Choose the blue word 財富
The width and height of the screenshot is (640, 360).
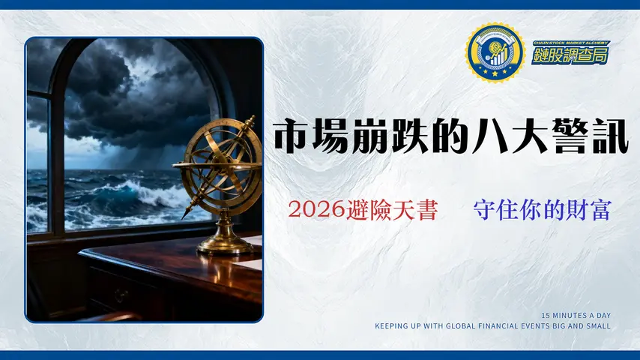tap(584, 210)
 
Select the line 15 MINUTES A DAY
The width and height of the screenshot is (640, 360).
tap(576, 316)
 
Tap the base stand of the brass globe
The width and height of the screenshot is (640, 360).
tap(224, 244)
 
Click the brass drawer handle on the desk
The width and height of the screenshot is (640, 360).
tap(120, 295)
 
